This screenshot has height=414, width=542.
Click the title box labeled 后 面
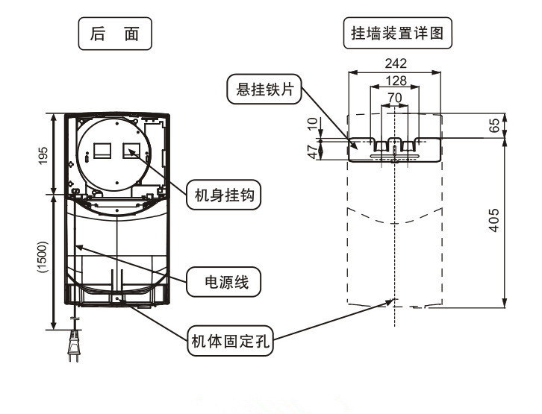[115, 34]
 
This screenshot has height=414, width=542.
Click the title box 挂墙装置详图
[402, 34]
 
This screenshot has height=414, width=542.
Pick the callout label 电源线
[222, 282]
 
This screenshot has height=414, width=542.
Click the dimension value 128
[395, 81]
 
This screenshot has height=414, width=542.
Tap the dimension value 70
[395, 97]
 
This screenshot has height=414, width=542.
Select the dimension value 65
[493, 126]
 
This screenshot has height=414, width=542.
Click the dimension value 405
[493, 221]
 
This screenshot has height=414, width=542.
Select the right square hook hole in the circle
[131, 149]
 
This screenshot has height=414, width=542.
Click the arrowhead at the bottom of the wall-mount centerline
[393, 302]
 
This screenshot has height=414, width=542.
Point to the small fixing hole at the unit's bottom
[118, 298]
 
